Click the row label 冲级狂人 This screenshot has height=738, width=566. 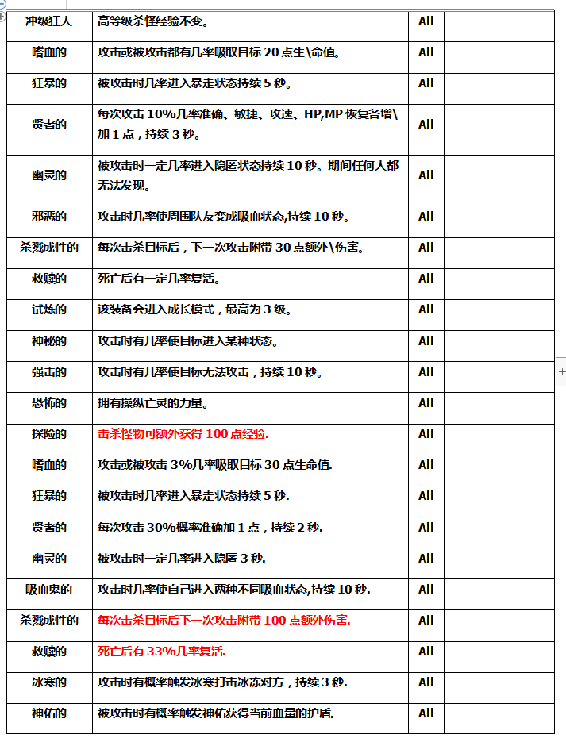click(x=49, y=21)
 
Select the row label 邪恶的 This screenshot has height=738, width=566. click(x=49, y=217)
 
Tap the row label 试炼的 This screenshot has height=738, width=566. click(x=49, y=309)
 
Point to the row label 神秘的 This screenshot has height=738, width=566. click(x=49, y=341)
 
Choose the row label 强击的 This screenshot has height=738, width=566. click(x=49, y=372)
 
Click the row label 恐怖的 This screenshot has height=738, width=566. click(x=49, y=403)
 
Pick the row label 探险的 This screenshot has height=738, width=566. click(x=49, y=434)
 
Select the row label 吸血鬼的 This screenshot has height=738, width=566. click(x=49, y=590)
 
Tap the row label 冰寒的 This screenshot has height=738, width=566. click(x=49, y=682)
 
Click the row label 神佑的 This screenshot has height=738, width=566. click(x=49, y=713)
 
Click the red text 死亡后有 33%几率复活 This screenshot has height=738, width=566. click(x=162, y=652)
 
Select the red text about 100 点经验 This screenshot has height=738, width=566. click(x=183, y=434)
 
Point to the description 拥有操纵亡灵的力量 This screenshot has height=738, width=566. click(x=153, y=403)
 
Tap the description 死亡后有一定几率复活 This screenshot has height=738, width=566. click(x=159, y=279)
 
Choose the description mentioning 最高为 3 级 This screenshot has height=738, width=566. click(x=194, y=309)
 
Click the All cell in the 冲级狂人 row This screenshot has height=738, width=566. click(x=426, y=21)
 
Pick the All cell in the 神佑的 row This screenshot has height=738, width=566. click(x=426, y=713)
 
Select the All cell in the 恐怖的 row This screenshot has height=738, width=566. click(x=426, y=403)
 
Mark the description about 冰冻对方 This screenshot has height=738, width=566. click(x=222, y=682)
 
